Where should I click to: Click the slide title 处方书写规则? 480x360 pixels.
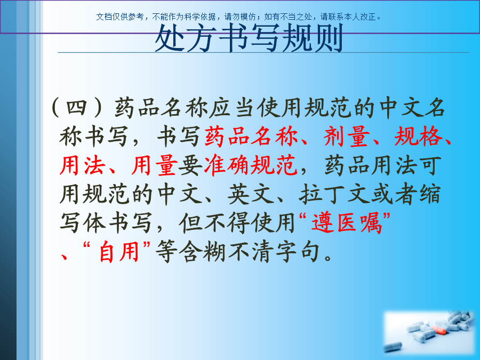(x=249, y=38)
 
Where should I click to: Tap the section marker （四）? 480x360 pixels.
(x=76, y=108)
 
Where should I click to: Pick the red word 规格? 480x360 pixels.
(x=419, y=137)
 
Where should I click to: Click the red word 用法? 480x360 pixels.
(x=82, y=166)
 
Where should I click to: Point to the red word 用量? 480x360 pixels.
(x=155, y=166)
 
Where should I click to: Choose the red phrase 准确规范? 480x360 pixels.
(x=251, y=166)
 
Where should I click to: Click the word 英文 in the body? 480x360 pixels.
(x=251, y=194)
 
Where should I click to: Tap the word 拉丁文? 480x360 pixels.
(x=334, y=194)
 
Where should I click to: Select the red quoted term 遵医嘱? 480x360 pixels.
(x=346, y=223)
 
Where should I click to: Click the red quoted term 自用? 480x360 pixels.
(x=119, y=252)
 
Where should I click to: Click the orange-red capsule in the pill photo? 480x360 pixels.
(x=439, y=330)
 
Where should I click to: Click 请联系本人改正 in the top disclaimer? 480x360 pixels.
(x=348, y=17)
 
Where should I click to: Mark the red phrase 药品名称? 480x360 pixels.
(x=251, y=137)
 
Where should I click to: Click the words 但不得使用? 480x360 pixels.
(x=237, y=223)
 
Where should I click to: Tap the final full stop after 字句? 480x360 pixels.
(x=328, y=258)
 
